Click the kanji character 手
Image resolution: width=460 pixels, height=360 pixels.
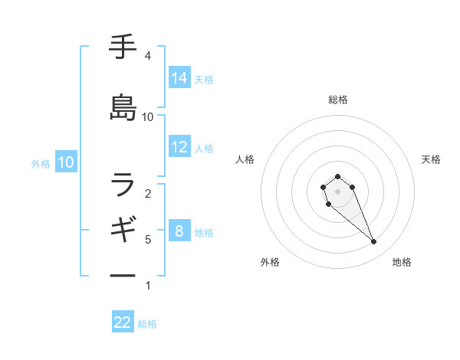point(123,47)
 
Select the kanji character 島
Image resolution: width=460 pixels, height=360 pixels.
point(123,108)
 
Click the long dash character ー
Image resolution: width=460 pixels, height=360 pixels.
point(123,275)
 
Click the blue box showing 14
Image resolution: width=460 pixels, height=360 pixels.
point(179,77)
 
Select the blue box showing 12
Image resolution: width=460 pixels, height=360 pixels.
point(179,147)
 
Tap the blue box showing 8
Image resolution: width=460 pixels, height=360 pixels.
point(179,231)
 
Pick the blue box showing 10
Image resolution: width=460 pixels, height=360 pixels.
point(66,162)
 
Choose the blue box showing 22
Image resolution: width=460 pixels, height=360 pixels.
point(123,322)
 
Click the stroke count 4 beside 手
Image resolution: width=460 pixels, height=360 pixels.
point(147,56)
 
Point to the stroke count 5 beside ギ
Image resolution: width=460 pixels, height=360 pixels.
point(147,240)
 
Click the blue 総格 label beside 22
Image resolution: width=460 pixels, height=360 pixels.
point(147,324)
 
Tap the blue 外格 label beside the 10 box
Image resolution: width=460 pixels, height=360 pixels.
point(41,163)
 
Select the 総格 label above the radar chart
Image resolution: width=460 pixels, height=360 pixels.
point(338,100)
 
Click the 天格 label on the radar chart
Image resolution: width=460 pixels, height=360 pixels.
point(431,159)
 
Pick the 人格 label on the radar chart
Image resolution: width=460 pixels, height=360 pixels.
point(245,159)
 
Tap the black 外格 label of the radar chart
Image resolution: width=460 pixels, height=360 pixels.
point(270,262)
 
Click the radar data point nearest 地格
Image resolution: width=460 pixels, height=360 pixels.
point(374,242)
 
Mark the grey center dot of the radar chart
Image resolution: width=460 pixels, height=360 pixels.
point(337,191)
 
